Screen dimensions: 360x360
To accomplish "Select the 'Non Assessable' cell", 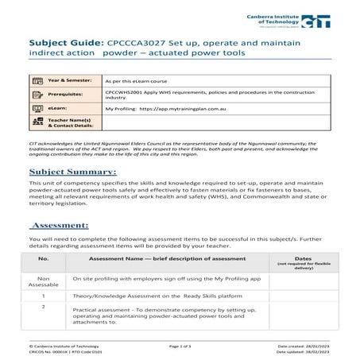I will tap(44, 282).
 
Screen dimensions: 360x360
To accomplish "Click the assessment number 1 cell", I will tap(44, 296).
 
